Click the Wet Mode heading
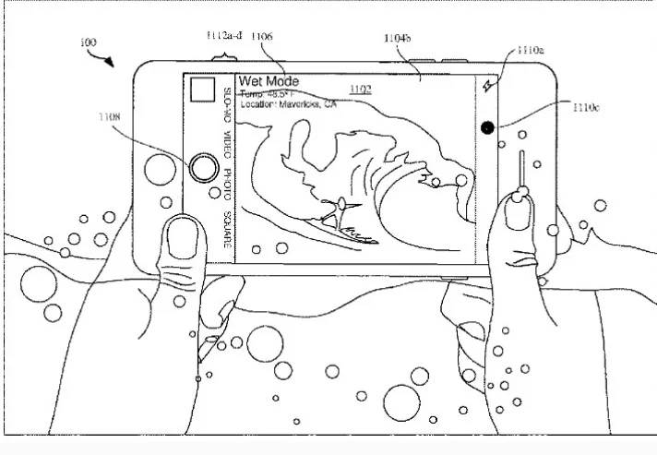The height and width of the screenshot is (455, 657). pyautogui.click(x=269, y=81)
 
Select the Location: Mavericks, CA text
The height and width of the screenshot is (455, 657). pyautogui.click(x=288, y=104)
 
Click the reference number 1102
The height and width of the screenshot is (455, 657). pyautogui.click(x=359, y=90)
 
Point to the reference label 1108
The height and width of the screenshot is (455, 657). pyautogui.click(x=110, y=117)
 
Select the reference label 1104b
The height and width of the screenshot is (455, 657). pyautogui.click(x=398, y=39)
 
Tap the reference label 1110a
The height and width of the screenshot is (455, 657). pyautogui.click(x=529, y=50)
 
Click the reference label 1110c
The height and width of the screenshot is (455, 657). pyautogui.click(x=584, y=108)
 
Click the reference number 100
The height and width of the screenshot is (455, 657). pyautogui.click(x=89, y=42)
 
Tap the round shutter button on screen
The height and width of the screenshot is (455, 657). pyautogui.click(x=203, y=168)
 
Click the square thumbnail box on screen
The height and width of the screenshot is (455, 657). pyautogui.click(x=202, y=90)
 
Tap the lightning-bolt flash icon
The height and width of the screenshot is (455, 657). pyautogui.click(x=489, y=86)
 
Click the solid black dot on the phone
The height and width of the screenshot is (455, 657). pyautogui.click(x=486, y=128)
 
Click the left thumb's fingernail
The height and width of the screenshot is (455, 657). pyautogui.click(x=184, y=242)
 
